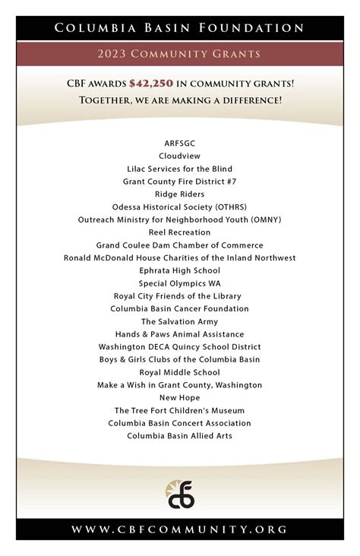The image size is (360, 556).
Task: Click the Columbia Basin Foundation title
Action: coord(180,28)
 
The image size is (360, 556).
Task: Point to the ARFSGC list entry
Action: coord(180,143)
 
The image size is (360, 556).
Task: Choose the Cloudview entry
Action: coord(180,156)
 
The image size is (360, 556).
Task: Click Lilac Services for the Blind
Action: coord(180,169)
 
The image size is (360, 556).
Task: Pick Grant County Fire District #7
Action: coord(180,182)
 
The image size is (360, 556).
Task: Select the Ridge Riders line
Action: coord(180,194)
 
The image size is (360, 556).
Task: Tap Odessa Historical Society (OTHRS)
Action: coord(180,207)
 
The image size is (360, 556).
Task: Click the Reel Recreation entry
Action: coord(180,232)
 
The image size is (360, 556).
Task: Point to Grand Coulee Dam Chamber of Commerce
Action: coord(180,245)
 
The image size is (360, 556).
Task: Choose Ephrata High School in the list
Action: coord(180,270)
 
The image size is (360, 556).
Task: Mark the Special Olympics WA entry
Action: coord(180,283)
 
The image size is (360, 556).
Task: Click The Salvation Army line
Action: coord(180,321)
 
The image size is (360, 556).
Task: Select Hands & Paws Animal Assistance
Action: coord(180,334)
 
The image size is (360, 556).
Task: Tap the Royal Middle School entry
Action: coord(180,372)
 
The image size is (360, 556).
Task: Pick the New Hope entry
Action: coord(180,398)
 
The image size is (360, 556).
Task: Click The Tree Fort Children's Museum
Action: coord(180,410)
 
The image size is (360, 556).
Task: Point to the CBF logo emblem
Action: coord(181,494)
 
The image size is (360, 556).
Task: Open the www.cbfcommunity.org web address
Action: coord(180,529)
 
